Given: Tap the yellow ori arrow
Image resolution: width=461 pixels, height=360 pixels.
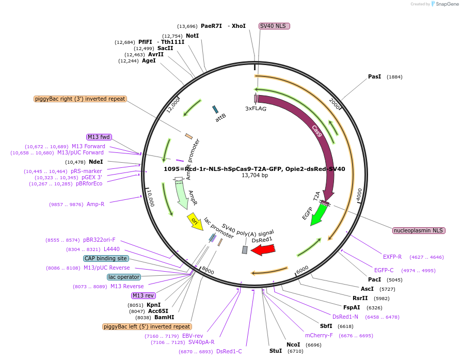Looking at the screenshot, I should (195, 221).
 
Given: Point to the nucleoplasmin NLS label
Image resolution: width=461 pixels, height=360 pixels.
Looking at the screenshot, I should (419, 230).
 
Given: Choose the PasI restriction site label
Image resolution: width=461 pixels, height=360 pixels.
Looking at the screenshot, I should (374, 76).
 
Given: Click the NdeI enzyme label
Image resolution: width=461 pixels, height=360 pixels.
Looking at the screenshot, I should (96, 162).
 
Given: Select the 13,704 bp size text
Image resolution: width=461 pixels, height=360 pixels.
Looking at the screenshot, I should (255, 176).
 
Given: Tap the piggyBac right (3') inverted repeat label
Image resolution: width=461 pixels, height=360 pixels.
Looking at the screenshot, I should (80, 99).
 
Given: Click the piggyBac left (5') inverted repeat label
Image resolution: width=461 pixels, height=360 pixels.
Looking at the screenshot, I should (147, 326).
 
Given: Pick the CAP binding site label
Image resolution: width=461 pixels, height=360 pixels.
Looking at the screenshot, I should (106, 258).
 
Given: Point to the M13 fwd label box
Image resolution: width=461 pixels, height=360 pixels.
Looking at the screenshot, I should (99, 137).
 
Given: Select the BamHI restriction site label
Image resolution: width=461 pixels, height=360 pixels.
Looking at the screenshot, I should (164, 318).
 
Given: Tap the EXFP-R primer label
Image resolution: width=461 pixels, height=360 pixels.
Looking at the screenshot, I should (392, 257).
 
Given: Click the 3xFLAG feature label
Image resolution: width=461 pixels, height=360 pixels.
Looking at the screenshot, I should (256, 109).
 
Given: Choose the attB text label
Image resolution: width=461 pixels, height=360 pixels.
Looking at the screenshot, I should (221, 118).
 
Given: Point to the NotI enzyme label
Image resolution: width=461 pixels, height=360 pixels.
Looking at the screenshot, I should (192, 36).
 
